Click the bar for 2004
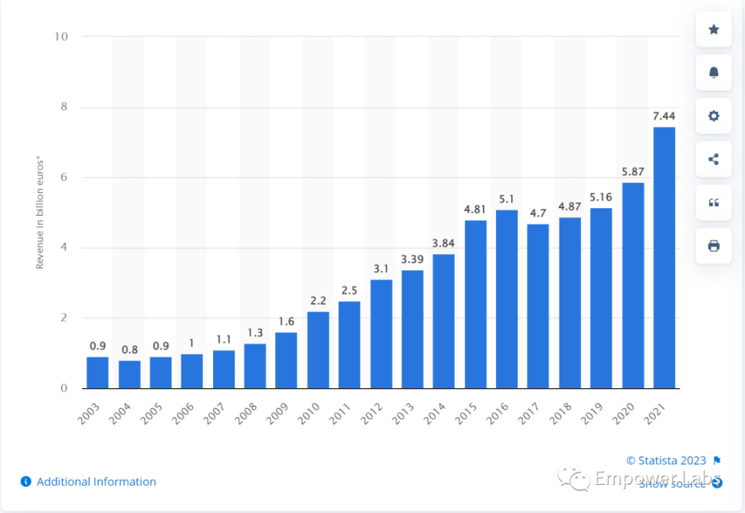point(129,374)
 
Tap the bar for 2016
point(507,299)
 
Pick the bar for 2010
point(318,349)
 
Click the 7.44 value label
point(664,116)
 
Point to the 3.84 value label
point(444,243)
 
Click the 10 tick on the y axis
point(61,37)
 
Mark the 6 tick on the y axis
point(64,178)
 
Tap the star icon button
point(714,30)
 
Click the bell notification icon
point(714,73)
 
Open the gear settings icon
point(714,116)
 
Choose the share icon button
point(714,159)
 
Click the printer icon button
point(714,246)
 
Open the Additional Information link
point(96,482)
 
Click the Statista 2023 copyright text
point(666,460)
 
